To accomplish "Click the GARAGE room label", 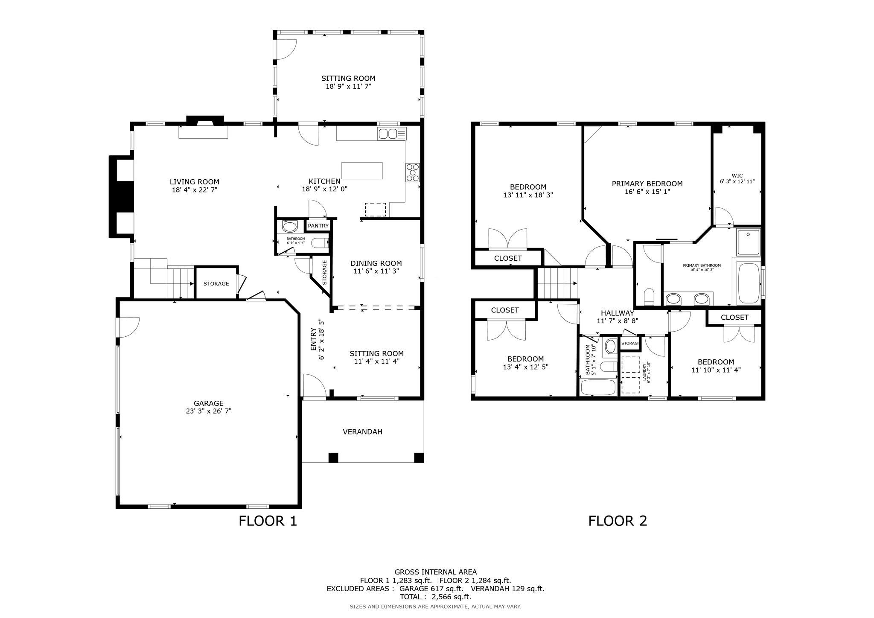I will (x=208, y=403).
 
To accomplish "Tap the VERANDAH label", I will (x=362, y=432).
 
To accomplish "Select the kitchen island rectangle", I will (x=362, y=170).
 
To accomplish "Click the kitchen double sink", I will (x=392, y=134).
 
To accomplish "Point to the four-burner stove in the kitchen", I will (x=412, y=173).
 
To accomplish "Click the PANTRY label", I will (x=318, y=226).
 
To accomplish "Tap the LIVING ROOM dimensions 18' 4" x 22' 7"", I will (x=195, y=190).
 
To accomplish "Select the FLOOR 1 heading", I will (x=268, y=521).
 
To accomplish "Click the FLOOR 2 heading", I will (x=618, y=521).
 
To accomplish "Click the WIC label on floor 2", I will (x=737, y=175).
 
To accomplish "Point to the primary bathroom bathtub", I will (x=749, y=283).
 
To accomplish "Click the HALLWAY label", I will (x=617, y=313).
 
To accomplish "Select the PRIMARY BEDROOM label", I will (x=647, y=184).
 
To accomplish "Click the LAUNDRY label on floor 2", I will (x=644, y=371).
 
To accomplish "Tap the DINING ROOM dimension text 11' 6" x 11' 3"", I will (x=376, y=271).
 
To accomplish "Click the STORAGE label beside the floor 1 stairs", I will (x=216, y=284).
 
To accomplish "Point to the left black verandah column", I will (x=333, y=458).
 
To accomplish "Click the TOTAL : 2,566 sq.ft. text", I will (x=435, y=597).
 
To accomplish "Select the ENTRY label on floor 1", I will (x=314, y=339).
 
